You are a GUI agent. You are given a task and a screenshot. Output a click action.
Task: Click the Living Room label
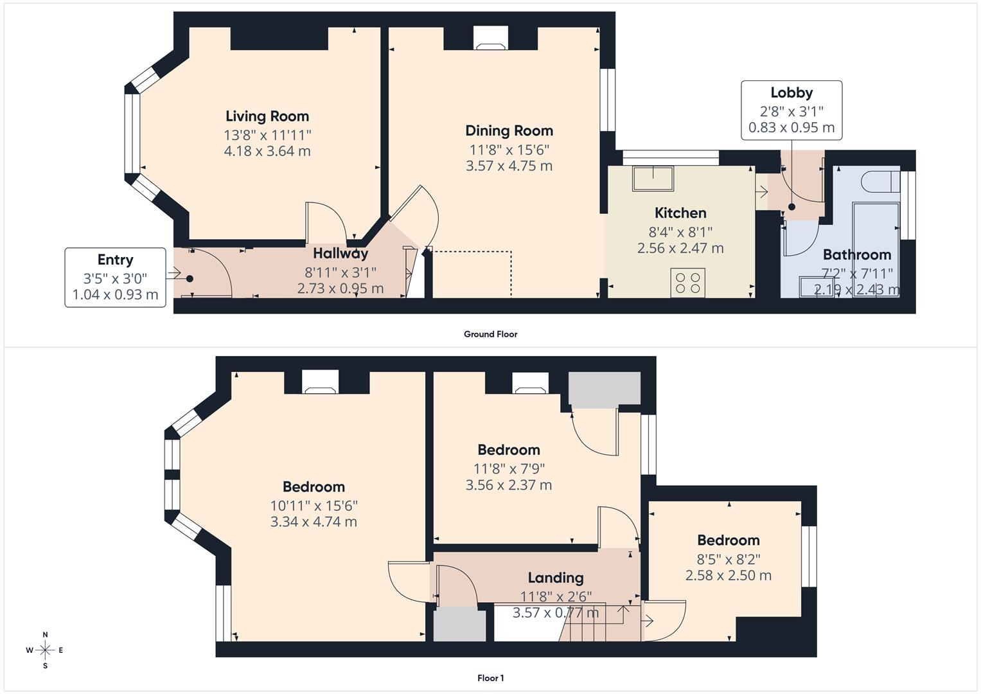click(267, 116)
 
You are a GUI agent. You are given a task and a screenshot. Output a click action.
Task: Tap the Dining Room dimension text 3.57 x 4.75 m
click(509, 166)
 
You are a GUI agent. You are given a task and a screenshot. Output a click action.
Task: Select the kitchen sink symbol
click(653, 178)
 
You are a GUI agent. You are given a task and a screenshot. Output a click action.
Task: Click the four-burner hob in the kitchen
click(687, 283)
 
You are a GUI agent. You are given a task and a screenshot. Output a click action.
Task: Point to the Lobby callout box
click(791, 110)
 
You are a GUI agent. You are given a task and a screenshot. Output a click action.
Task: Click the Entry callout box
click(115, 277)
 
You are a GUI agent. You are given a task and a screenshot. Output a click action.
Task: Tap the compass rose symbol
click(45, 650)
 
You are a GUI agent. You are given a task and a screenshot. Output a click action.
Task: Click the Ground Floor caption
click(490, 334)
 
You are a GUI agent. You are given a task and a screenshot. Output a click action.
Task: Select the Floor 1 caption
click(490, 678)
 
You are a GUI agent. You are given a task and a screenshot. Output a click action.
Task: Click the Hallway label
click(340, 253)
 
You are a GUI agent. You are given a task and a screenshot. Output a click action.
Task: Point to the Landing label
click(555, 578)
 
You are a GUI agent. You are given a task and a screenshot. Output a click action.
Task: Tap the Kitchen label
click(680, 213)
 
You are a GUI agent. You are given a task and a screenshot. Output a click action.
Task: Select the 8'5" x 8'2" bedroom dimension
click(728, 558)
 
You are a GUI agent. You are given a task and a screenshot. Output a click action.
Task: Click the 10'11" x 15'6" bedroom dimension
click(314, 505)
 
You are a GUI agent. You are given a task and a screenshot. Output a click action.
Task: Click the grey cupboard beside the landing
click(459, 625)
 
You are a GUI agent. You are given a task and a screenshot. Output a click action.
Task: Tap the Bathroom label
click(856, 254)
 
